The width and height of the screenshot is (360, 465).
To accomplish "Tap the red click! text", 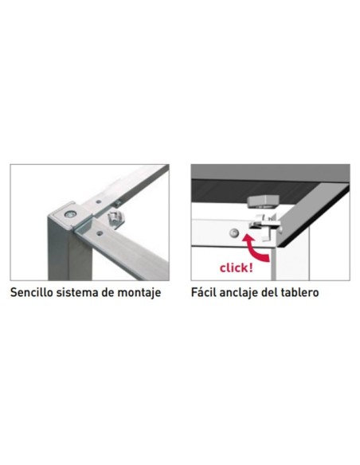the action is [237, 268].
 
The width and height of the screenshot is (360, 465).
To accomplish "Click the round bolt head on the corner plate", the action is [70, 214].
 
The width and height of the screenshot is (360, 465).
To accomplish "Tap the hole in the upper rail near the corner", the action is [99, 201].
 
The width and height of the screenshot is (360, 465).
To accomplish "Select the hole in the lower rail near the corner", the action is [100, 233].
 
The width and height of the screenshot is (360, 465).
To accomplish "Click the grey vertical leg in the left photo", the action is [69, 252].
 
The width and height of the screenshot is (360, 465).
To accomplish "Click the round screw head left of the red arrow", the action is [234, 233].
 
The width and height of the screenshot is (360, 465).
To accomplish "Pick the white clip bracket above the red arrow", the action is [264, 227].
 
